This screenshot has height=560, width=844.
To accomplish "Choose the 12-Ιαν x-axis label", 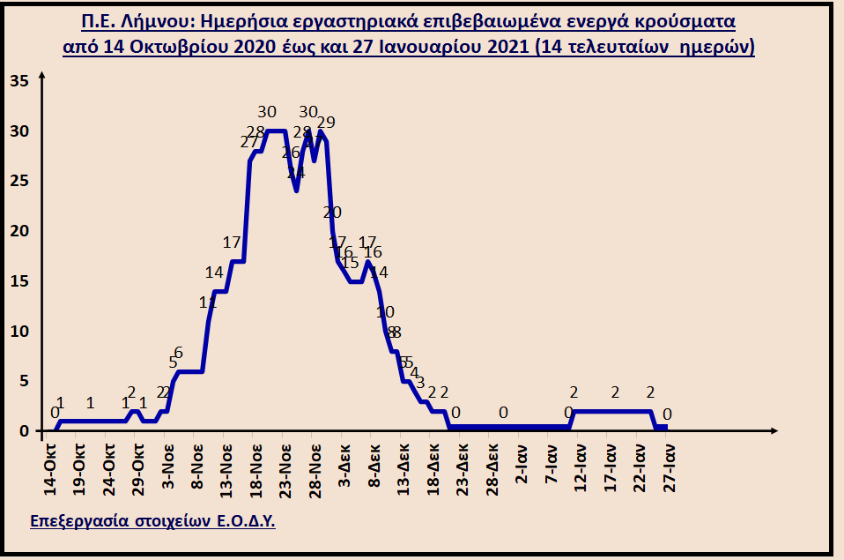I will coord(581,459).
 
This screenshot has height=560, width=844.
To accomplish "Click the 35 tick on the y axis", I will coord(19,81).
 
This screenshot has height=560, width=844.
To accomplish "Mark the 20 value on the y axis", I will coord(19,231).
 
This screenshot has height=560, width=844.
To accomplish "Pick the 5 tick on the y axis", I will coord(24,381).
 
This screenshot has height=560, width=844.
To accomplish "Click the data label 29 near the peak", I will coord(326,122).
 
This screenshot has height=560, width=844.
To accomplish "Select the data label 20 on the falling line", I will coord(332,212).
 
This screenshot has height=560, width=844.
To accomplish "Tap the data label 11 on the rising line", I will coord(208,302).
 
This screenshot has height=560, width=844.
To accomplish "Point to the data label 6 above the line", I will coord(178,353).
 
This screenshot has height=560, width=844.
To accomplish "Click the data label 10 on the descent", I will coord(385,311).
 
